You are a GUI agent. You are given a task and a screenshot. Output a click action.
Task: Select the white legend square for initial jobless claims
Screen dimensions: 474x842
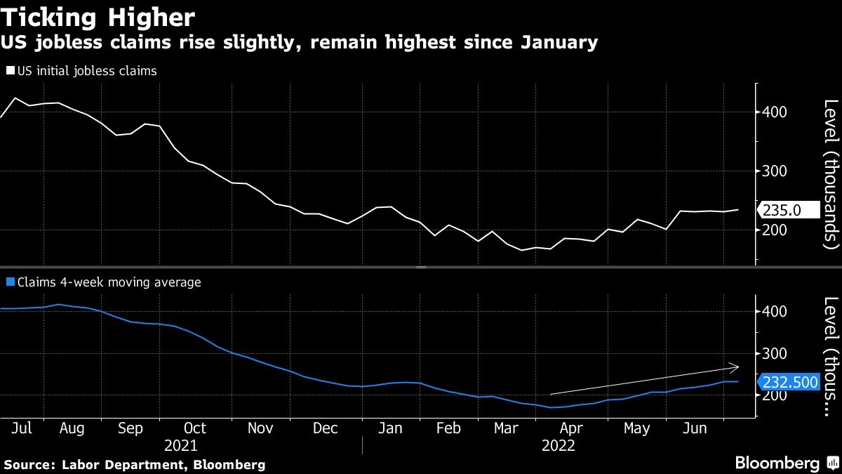(10, 71)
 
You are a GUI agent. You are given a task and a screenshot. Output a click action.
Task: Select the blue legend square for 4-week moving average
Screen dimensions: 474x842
(10, 282)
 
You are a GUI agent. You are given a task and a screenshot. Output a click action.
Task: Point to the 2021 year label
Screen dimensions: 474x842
(180, 446)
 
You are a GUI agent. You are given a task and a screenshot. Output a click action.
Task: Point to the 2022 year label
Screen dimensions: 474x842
(558, 446)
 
